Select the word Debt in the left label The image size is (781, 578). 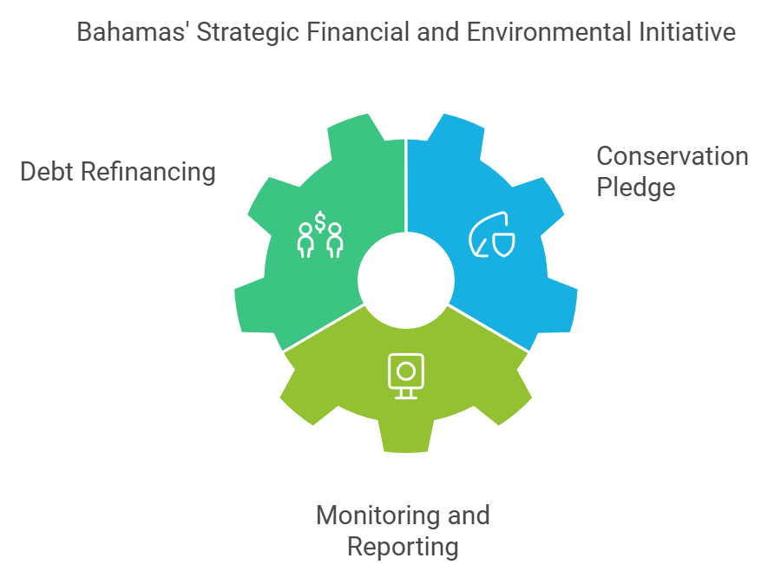point(47,172)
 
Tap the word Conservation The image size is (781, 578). point(672,157)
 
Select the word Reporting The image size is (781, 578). point(403,547)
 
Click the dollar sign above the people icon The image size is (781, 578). point(320,223)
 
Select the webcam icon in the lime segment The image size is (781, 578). point(405,374)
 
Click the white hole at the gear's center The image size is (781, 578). point(406,280)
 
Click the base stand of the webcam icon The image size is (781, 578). point(405,396)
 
